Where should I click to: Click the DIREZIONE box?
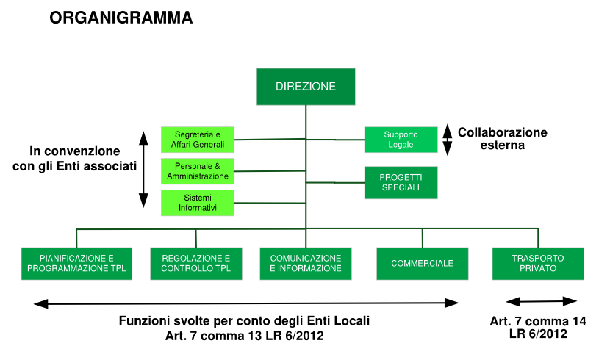pos(306,87)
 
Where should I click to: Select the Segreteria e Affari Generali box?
pos(198,140)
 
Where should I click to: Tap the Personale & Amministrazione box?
pos(198,171)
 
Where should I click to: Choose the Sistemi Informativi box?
pos(198,203)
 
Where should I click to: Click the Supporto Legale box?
pos(401,140)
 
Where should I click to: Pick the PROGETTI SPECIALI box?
pos(401,182)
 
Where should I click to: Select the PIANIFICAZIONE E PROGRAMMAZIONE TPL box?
pos(76,264)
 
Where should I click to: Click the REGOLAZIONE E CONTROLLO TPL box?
pos(196,264)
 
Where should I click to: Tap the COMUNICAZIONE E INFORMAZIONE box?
pos(306,264)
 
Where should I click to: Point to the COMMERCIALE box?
pos(423,264)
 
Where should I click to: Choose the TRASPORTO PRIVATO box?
pos(538,264)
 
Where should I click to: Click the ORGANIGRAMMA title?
pos(121,18)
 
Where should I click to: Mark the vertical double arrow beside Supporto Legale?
pos(448,140)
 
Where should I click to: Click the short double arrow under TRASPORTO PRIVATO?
pos(541,301)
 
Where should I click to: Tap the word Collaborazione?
pos(502,132)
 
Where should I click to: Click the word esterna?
pos(502,145)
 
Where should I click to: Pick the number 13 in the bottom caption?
pos(255,336)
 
